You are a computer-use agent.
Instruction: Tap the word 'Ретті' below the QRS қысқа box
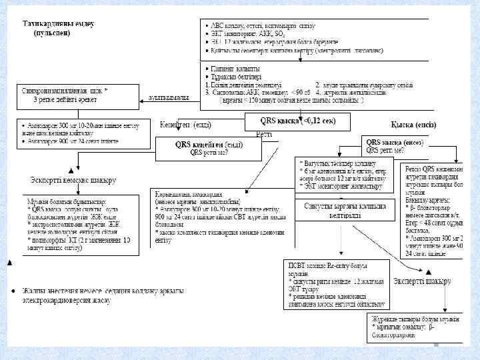[264, 135]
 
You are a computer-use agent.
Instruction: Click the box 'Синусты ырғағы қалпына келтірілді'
[344, 210]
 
